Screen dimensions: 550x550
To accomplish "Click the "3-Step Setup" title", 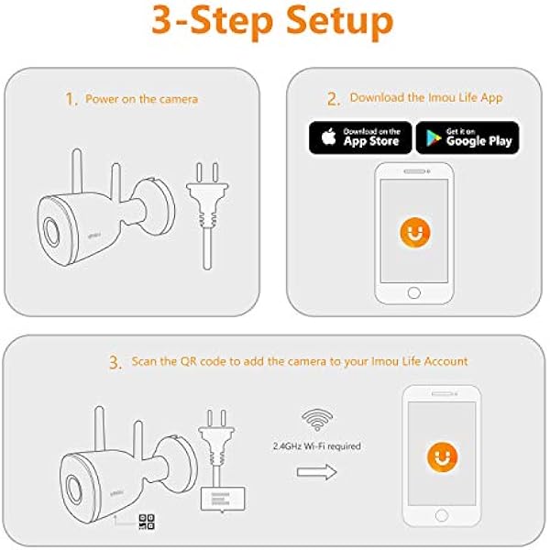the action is (272, 22).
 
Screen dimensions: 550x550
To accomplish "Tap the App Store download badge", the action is (360, 137).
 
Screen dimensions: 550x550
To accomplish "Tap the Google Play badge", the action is (467, 137).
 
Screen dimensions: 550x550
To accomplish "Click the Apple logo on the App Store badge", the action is (329, 137).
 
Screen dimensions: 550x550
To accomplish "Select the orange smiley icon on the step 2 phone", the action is (414, 232).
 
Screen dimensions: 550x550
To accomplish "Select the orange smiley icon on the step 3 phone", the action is (442, 457).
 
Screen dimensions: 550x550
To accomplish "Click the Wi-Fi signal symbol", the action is (317, 420).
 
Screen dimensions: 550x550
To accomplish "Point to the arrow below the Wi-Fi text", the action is (317, 472).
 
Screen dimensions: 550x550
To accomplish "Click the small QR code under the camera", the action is (147, 522).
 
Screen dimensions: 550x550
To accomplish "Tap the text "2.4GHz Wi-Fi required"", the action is (317, 446).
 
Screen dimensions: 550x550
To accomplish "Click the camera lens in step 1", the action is (51, 232).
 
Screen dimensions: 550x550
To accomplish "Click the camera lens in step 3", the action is (73, 490).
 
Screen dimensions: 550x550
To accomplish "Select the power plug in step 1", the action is (207, 214).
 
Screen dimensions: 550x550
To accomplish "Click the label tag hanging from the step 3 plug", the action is (223, 499).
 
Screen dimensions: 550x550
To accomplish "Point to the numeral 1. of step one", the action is (71, 99).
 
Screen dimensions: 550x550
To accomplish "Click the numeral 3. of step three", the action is (115, 362).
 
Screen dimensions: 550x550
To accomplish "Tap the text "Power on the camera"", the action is (142, 99).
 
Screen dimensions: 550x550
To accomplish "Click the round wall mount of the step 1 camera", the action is (155, 206).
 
